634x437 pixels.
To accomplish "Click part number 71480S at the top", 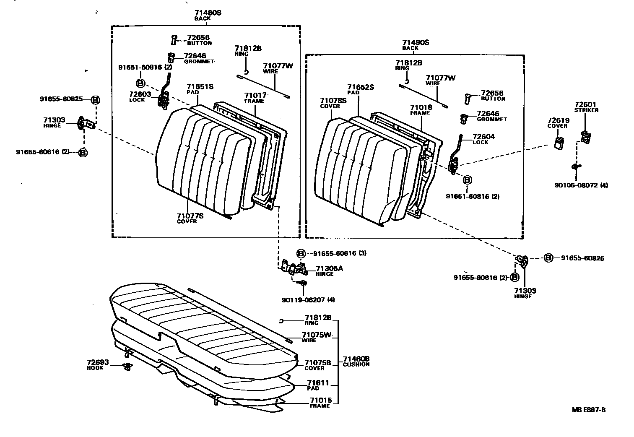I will (208, 13).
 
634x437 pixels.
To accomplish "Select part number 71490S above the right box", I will (416, 42).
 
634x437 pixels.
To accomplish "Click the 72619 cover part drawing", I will (559, 143).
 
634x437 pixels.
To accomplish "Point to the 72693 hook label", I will (98, 363).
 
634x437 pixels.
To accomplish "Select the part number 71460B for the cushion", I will (356, 359).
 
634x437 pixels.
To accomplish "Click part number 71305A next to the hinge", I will (329, 268).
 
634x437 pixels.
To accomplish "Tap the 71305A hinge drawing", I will (296, 268).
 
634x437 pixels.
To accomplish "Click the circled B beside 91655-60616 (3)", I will (301, 253).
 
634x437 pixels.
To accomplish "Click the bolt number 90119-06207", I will (303, 299).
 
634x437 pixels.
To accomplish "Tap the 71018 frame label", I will (421, 108).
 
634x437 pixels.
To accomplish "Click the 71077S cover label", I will (190, 216).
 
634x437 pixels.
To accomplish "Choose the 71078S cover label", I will (333, 101).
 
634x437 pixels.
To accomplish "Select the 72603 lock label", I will (137, 94).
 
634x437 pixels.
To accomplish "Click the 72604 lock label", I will (483, 137).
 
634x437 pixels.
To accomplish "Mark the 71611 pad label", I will (318, 383).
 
